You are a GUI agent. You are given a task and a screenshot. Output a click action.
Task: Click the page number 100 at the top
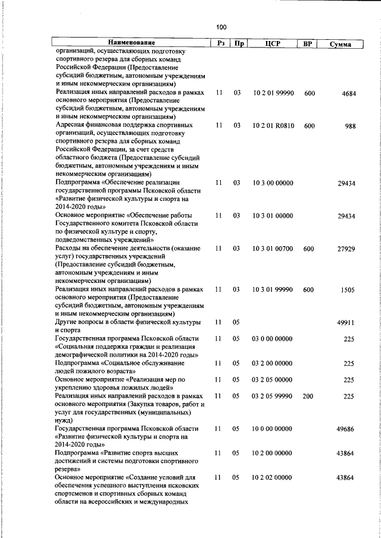click(x=221, y=27)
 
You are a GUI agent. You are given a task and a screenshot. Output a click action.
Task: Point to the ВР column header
click(x=308, y=43)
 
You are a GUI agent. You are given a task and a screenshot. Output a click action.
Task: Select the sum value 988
click(x=348, y=126)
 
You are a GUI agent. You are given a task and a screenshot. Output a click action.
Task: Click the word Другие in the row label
click(x=68, y=322)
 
